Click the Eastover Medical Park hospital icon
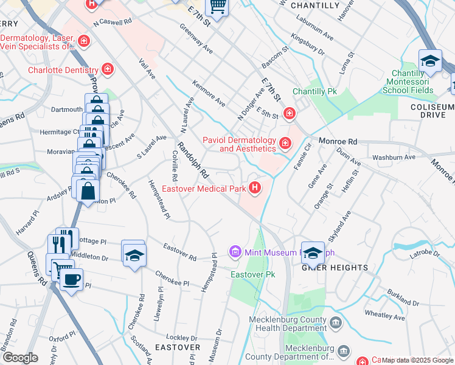(255, 189)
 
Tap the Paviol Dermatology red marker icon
(285, 144)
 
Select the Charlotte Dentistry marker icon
(108, 70)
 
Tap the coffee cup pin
(71, 279)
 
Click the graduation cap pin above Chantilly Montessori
(429, 61)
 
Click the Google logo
(20, 358)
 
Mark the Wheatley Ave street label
(384, 317)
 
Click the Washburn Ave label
(394, 157)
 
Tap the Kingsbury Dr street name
(308, 44)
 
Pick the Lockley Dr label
(178, 336)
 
